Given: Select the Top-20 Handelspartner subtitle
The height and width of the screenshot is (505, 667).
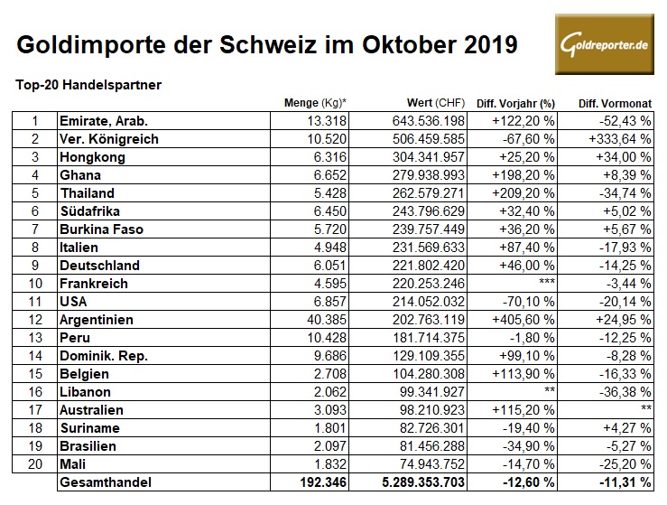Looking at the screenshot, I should point(88,85).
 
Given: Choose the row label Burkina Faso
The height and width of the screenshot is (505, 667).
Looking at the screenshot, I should point(99,229).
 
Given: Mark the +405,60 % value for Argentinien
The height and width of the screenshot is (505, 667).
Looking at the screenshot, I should point(523,319).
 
